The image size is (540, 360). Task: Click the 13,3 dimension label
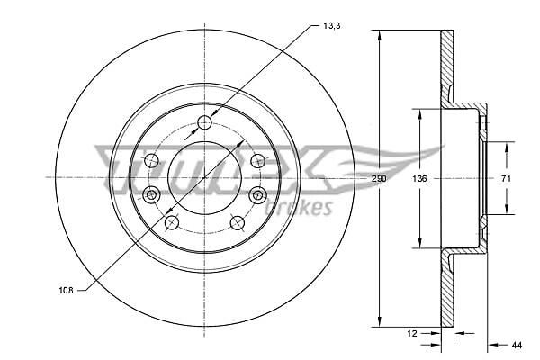[x=331, y=26]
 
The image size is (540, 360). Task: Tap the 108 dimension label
[x=66, y=291]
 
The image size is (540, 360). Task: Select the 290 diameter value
[x=379, y=179]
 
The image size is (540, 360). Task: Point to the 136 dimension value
[x=419, y=179]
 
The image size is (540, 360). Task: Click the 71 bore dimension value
[x=506, y=179]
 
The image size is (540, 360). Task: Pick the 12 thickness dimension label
[x=412, y=333]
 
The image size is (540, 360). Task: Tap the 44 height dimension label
[x=517, y=345]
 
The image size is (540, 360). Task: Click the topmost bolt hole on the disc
[x=205, y=122]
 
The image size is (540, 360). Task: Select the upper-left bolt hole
[x=151, y=160]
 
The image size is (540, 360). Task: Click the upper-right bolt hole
[x=258, y=160]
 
